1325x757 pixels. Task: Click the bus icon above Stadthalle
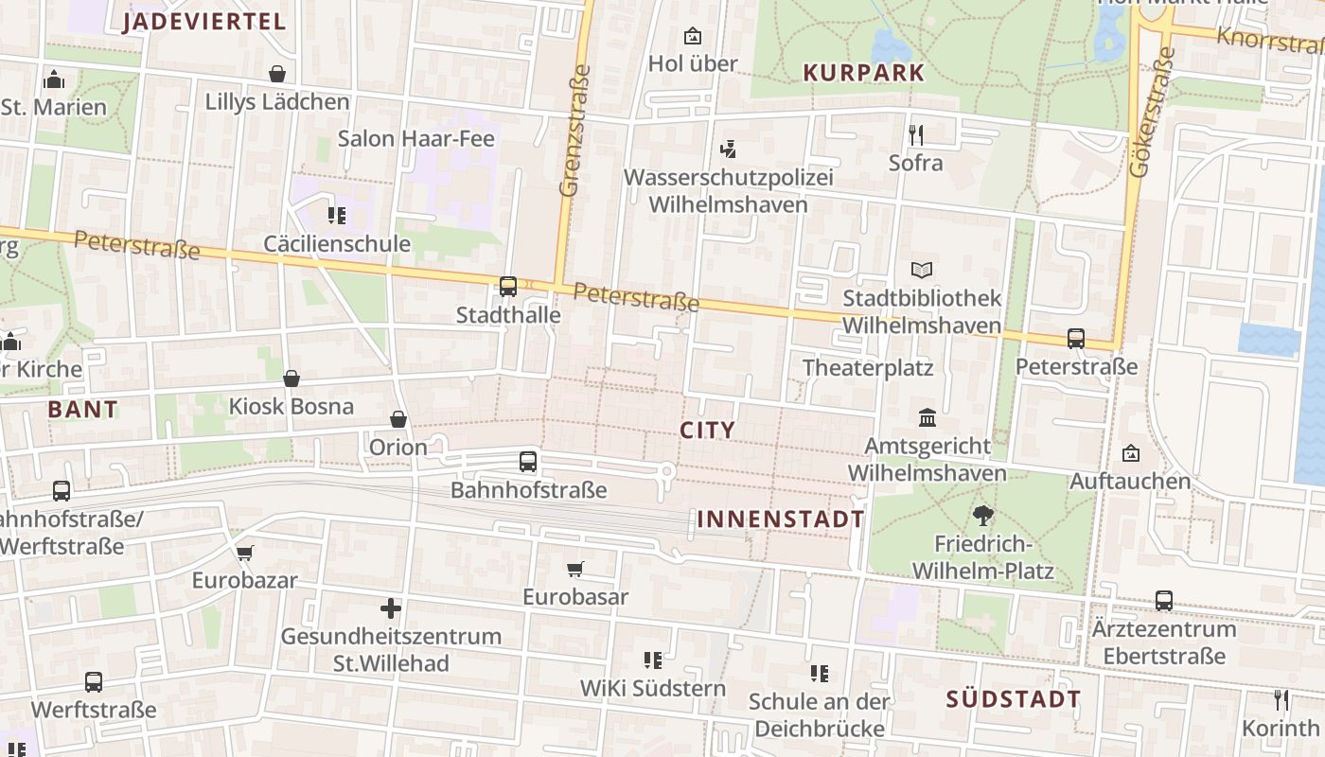coord(508,286)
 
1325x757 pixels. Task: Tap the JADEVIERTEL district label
coord(204,23)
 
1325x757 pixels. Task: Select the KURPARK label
coord(863,73)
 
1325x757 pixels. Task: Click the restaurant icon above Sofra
coord(915,134)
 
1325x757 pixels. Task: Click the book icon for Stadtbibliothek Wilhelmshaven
coord(921,270)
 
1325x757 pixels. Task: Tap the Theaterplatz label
coord(868,368)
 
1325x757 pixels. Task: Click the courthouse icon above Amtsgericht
coord(927,417)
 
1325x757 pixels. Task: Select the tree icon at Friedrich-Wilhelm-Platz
coord(982,516)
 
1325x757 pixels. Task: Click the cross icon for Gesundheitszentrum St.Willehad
coord(391,607)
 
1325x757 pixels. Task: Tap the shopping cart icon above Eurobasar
coord(575,569)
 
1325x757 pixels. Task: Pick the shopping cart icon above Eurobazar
coord(245,553)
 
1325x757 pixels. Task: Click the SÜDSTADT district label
coord(1014,700)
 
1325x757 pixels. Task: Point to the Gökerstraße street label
coord(1149,114)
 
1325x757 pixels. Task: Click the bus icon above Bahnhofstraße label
coord(528,462)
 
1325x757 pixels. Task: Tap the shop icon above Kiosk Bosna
coord(291,378)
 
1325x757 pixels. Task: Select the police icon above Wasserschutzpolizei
coord(728,149)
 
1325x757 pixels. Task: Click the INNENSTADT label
coord(781,519)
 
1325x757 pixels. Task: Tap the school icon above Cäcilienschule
coord(337,216)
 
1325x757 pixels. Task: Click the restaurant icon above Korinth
coord(1281,700)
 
